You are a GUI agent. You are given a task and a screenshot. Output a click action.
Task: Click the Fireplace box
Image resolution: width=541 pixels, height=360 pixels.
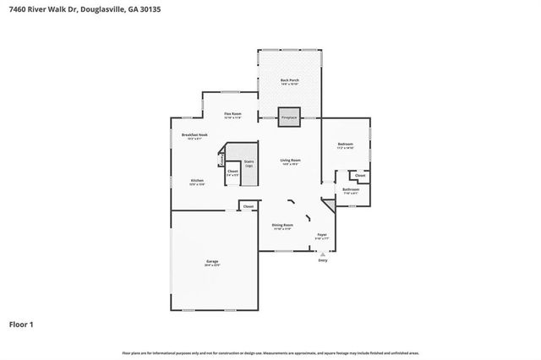289,118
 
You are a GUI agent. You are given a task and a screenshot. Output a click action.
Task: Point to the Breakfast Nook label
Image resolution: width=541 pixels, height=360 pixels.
195,136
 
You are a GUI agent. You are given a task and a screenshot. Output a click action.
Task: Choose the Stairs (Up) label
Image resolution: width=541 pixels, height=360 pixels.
249,163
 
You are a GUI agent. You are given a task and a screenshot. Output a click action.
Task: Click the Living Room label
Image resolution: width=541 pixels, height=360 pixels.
291,161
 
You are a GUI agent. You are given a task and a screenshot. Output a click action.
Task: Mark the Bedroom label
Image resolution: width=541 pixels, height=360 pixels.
345,145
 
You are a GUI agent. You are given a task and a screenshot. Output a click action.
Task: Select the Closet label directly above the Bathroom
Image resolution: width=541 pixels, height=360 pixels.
360,176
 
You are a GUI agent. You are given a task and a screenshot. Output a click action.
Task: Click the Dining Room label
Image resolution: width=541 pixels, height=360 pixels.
282,226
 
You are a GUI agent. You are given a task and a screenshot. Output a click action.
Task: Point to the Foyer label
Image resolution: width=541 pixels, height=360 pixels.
322,236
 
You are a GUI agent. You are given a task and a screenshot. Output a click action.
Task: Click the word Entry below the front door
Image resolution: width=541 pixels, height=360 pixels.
322,261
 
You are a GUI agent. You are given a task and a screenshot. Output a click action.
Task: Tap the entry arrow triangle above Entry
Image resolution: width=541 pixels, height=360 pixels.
322,254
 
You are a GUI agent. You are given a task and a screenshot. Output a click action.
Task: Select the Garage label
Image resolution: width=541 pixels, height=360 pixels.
212,262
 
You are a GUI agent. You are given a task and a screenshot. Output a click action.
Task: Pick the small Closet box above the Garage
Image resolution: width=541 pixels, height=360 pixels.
248,206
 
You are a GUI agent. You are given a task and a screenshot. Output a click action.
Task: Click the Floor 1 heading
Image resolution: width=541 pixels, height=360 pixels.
21,325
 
